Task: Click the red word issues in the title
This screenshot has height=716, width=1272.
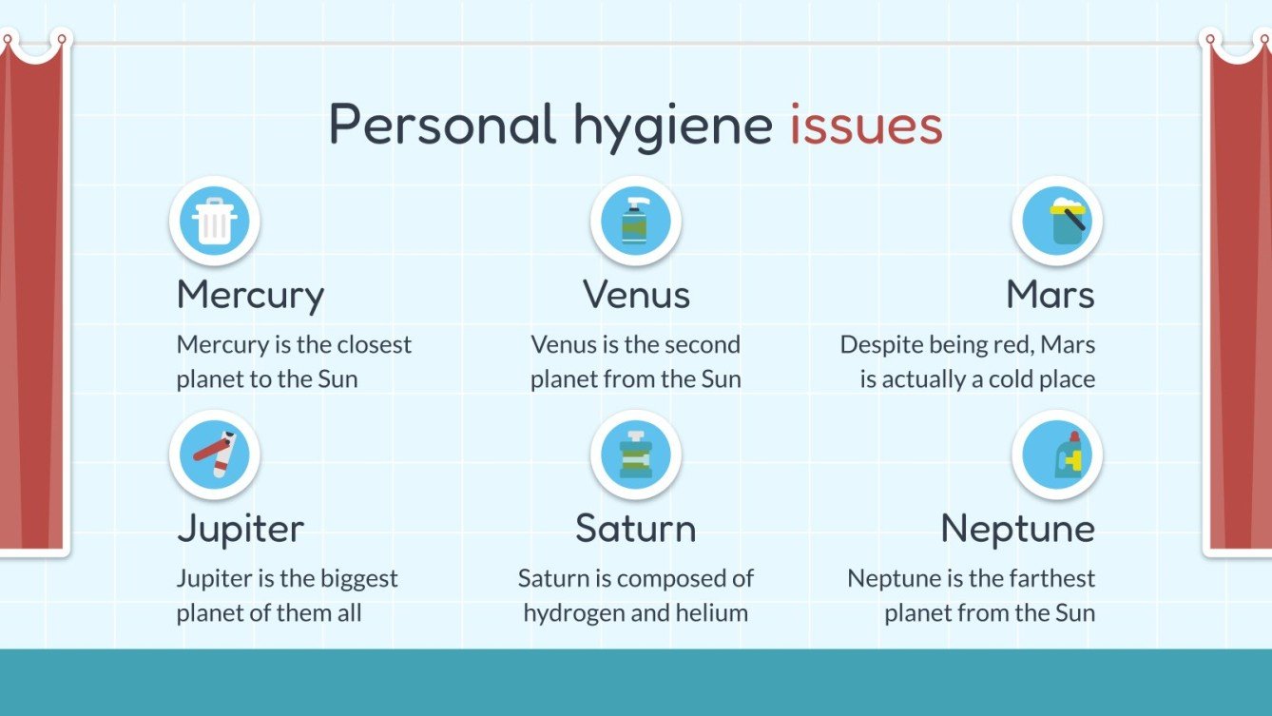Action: [865, 126]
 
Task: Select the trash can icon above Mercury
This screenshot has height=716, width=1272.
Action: [214, 221]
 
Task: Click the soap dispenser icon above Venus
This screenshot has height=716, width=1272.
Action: [635, 221]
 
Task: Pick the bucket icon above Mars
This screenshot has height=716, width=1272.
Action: [1056, 221]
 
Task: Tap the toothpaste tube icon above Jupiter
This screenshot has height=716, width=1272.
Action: [214, 455]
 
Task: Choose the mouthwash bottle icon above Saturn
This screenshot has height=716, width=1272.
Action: [635, 455]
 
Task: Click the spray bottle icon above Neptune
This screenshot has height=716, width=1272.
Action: [1056, 455]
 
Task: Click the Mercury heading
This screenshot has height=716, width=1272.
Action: [250, 296]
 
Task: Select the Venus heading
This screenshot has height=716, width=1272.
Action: [636, 295]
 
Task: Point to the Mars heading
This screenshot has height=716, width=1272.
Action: [1050, 295]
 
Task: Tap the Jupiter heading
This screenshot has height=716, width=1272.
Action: [241, 529]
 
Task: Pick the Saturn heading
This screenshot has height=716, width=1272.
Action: [635, 529]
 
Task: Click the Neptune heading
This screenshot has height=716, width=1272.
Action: [1017, 529]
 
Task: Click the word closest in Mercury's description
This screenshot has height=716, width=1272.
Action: [375, 344]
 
